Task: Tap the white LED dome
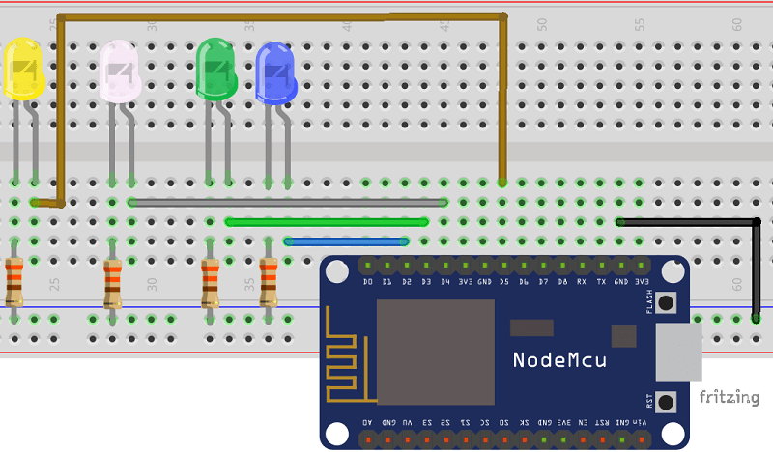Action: pyautogui.click(x=120, y=70)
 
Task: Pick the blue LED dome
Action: pyautogui.click(x=275, y=72)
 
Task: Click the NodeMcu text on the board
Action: pyautogui.click(x=559, y=360)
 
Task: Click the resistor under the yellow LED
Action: pyautogui.click(x=14, y=281)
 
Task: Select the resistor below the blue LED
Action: pyautogui.click(x=268, y=281)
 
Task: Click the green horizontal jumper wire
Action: pyautogui.click(x=327, y=221)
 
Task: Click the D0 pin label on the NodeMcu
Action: pyautogui.click(x=367, y=282)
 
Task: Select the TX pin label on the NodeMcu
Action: pyautogui.click(x=602, y=282)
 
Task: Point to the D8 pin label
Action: pyautogui.click(x=562, y=282)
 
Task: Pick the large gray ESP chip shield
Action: pyautogui.click(x=435, y=352)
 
